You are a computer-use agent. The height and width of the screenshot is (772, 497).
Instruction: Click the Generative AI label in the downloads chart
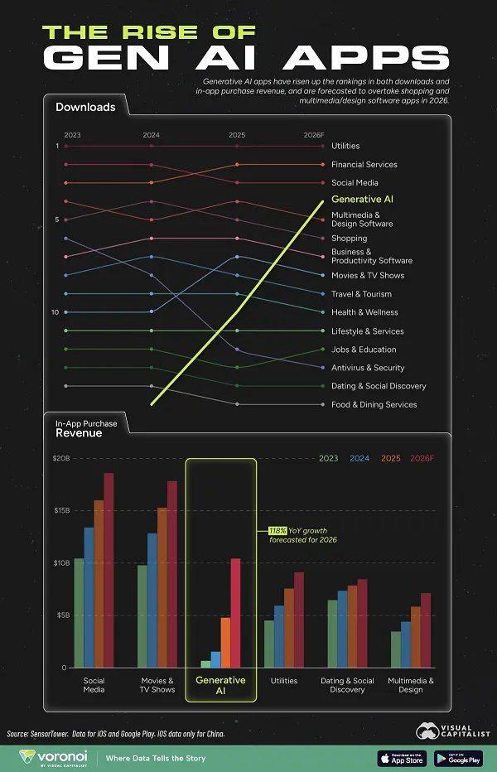point(362,200)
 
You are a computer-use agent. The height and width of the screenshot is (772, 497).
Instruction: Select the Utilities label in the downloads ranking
point(345,146)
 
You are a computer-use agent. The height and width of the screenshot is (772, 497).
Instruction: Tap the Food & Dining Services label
point(374,404)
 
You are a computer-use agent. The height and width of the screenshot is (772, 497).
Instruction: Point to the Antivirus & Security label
point(368,368)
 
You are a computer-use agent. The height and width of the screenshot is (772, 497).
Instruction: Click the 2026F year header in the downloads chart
point(314,134)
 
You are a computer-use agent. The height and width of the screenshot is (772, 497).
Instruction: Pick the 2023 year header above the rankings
point(72,134)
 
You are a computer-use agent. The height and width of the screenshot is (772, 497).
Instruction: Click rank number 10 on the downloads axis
point(55,312)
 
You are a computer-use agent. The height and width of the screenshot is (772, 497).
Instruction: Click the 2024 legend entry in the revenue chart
point(359,458)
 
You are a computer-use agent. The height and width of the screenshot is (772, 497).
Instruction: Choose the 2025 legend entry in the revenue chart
point(390,458)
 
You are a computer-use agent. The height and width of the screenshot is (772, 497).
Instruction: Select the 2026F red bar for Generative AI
point(235,613)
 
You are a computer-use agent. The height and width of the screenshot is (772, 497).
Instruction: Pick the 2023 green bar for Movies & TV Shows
point(142,616)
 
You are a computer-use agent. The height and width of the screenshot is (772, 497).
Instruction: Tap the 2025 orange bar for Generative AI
point(225,642)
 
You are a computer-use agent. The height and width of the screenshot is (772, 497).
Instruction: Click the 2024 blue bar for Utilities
point(279,636)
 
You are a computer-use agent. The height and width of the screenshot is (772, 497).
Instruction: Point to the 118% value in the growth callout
point(276,530)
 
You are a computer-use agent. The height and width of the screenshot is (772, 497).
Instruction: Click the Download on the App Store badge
point(401,758)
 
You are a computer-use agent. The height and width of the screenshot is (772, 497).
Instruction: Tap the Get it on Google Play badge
point(457,758)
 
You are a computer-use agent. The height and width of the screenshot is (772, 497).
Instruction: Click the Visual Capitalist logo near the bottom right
point(450,733)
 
